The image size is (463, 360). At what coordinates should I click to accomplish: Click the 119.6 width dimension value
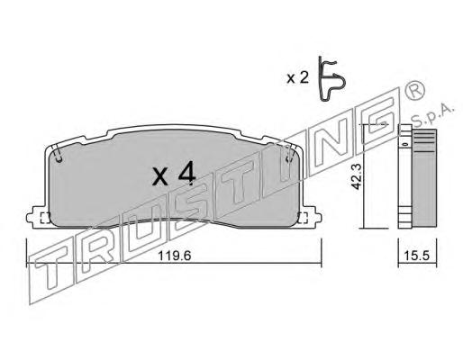[175, 256]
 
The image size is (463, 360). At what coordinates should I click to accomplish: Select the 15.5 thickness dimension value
[417, 256]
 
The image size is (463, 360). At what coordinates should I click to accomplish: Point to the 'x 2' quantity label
[297, 78]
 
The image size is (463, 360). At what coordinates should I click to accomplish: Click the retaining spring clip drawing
[331, 78]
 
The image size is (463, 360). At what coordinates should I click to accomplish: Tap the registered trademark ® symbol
[414, 91]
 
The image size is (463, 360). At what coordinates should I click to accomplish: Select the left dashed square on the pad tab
[45, 218]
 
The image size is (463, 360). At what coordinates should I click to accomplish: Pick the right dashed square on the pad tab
[303, 218]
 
